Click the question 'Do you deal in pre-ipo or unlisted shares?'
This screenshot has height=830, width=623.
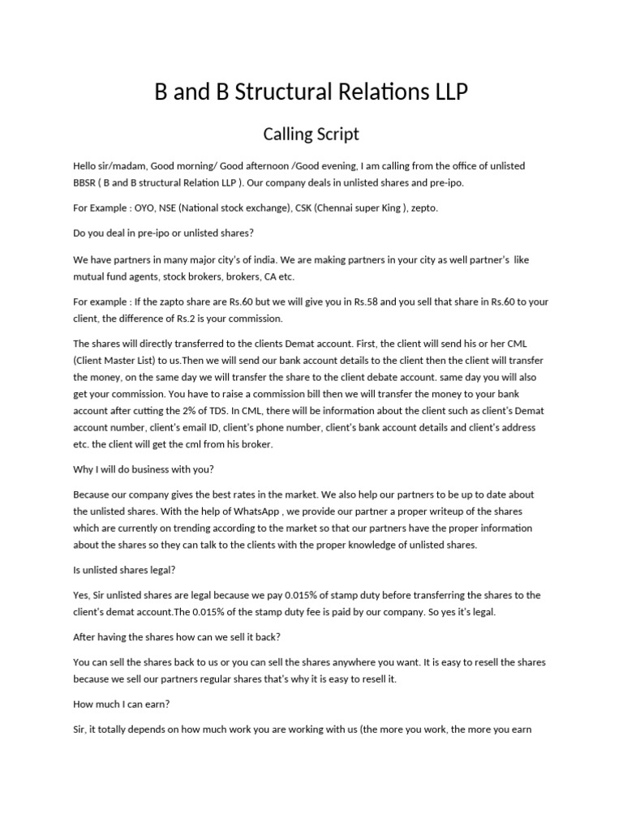(164, 233)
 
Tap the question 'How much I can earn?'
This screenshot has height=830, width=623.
(118, 704)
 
